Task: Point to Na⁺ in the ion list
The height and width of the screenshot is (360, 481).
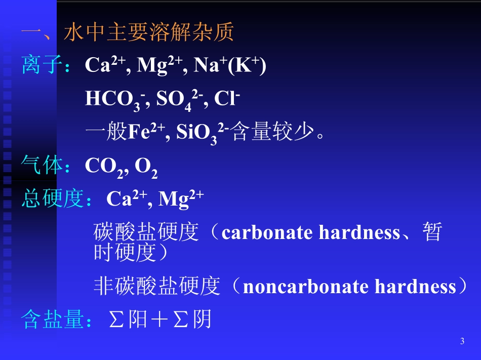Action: tap(203, 65)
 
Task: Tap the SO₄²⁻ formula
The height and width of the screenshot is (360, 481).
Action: tap(175, 100)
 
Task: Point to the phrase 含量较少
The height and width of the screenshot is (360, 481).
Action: tap(274, 133)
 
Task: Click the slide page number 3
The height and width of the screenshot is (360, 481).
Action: tap(462, 341)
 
